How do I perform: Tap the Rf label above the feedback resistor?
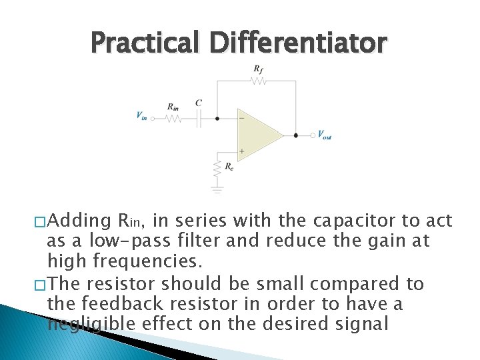click(258, 69)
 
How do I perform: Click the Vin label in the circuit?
click(141, 115)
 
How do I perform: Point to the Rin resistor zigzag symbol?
click(173, 119)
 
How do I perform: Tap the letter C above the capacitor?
click(199, 103)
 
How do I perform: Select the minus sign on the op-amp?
click(241, 119)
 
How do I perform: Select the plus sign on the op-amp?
click(241, 151)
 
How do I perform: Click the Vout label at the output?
click(324, 136)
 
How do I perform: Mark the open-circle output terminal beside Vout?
click(312, 135)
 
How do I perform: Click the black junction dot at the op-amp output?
click(296, 135)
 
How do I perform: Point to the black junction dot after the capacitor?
click(217, 119)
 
